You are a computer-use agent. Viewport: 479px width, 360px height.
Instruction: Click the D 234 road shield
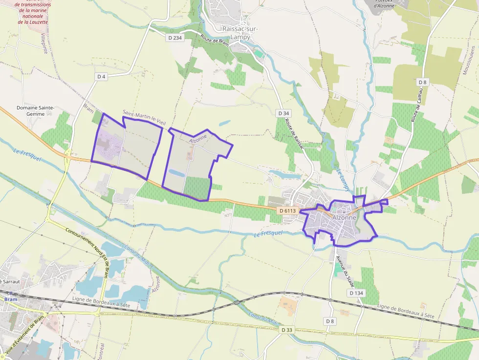(174, 38)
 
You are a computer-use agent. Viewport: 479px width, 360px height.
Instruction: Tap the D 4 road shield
(101, 76)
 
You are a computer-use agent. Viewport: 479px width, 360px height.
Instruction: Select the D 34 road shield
(283, 113)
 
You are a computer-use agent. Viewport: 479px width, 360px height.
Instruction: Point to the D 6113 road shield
(288, 211)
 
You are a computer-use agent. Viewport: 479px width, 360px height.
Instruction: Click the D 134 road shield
(357, 293)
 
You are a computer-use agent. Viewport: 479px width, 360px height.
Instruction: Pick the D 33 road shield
(287, 330)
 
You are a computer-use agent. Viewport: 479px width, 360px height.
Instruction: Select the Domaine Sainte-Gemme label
(36, 111)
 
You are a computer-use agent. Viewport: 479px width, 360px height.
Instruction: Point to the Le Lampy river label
(342, 179)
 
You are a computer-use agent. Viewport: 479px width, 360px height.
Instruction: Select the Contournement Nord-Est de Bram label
(88, 244)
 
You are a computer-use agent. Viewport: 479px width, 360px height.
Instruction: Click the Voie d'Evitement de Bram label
(24, 334)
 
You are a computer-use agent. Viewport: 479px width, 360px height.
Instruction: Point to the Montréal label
(102, 351)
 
